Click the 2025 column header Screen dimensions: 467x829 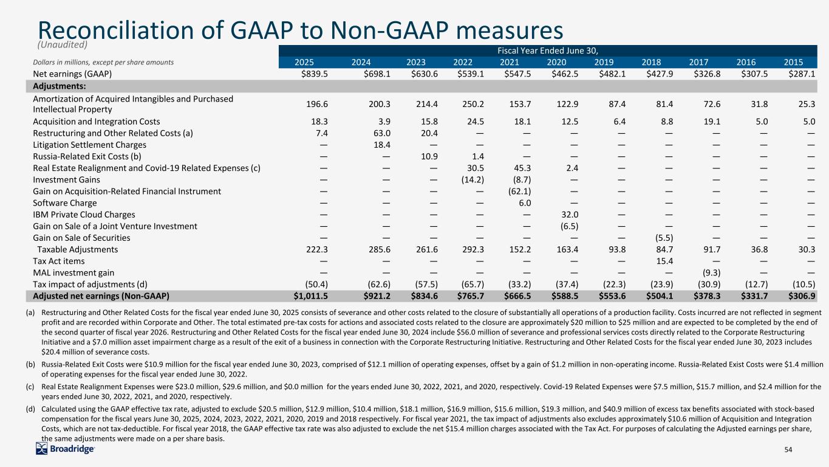[304, 61]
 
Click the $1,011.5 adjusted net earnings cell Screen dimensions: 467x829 [301, 296]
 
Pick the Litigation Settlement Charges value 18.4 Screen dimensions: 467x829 [361, 145]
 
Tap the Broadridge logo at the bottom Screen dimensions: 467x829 [66, 449]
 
